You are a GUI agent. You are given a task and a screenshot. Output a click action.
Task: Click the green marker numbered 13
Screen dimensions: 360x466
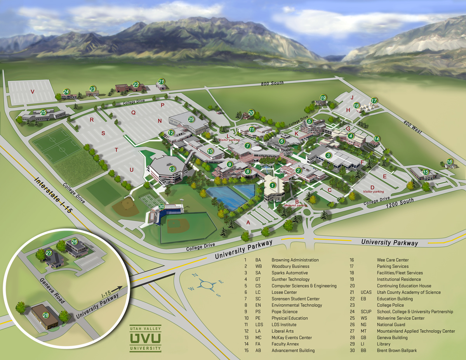pyautogui.click(x=172, y=169)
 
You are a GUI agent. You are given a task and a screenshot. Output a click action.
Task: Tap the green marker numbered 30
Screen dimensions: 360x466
pyautogui.click(x=162, y=207)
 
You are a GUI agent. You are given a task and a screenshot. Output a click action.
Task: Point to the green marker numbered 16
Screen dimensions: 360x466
pyautogui.click(x=449, y=162)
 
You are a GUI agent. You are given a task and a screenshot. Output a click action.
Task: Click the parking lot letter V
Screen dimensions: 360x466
pyautogui.click(x=33, y=92)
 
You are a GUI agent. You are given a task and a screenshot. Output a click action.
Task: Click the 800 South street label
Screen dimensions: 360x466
pyautogui.click(x=272, y=83)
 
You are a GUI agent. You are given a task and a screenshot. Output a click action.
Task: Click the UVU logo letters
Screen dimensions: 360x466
pyautogui.click(x=145, y=338)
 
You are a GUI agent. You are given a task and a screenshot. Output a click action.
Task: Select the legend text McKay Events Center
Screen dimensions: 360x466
pyautogui.click(x=291, y=337)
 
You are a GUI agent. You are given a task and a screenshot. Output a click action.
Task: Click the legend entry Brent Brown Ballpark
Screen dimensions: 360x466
pyautogui.click(x=396, y=350)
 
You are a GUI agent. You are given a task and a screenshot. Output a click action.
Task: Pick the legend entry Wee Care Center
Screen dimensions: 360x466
pyautogui.click(x=393, y=260)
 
